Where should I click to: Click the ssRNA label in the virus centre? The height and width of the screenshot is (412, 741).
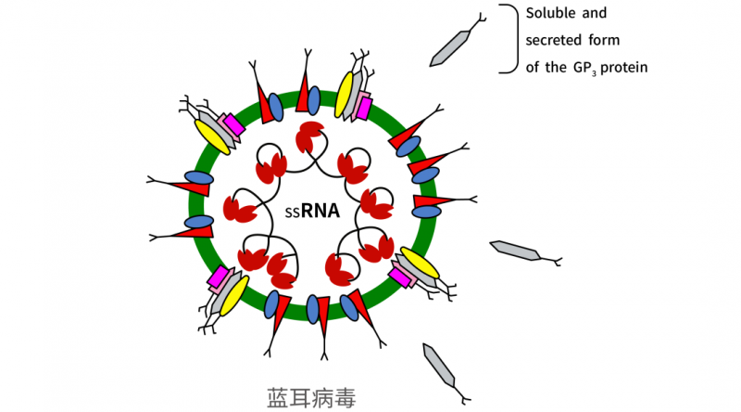(x=312, y=211)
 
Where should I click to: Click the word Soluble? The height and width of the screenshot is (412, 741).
(x=552, y=14)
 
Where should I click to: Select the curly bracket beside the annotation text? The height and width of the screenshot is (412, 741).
(x=509, y=38)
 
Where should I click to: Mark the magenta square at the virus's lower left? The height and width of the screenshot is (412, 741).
(x=219, y=277)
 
